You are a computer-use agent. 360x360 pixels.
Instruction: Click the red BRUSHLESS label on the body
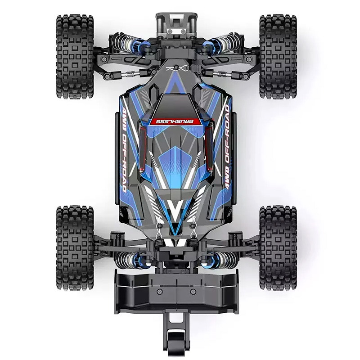(x=175, y=121)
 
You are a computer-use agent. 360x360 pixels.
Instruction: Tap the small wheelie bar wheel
(x=176, y=342)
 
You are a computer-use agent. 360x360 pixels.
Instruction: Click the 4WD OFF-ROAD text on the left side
(x=124, y=149)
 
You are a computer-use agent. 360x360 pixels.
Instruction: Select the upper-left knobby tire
(x=75, y=57)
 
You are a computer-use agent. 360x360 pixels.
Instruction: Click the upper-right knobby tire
(x=278, y=57)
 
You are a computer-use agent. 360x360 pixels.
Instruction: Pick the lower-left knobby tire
(x=75, y=248)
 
